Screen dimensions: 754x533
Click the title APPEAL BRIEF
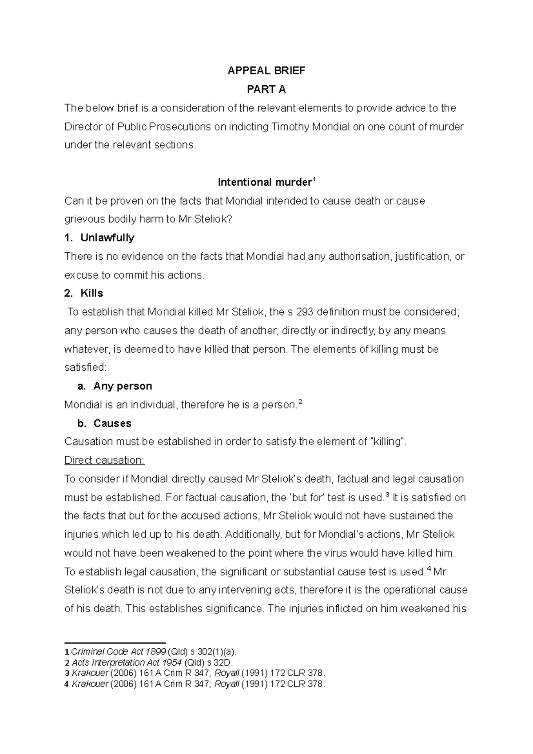click(266, 71)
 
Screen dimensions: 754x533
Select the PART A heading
click(266, 89)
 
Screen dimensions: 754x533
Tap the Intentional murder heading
click(265, 182)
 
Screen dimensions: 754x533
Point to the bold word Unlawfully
click(107, 238)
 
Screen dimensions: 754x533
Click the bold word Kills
click(91, 293)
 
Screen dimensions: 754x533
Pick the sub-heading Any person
click(123, 386)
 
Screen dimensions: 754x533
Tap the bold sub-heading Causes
click(112, 423)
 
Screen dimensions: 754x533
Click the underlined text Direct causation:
click(105, 460)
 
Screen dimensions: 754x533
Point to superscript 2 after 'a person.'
click(300, 402)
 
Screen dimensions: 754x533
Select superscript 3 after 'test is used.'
click(388, 495)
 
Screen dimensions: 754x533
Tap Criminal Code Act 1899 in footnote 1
click(119, 651)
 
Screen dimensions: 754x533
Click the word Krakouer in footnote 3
click(90, 673)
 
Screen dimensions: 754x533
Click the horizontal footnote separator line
click(115, 643)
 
